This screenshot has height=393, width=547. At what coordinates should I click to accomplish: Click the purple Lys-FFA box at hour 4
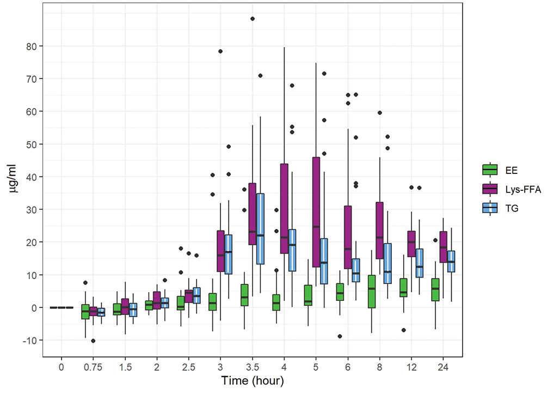(285, 209)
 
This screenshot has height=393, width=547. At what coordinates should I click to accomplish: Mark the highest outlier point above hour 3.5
(253, 19)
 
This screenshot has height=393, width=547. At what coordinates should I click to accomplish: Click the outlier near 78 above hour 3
(220, 51)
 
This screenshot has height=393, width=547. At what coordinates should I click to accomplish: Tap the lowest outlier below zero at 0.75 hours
(93, 341)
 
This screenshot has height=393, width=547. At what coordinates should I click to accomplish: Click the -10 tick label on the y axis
(33, 341)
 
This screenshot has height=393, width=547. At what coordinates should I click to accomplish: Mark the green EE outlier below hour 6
(340, 336)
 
